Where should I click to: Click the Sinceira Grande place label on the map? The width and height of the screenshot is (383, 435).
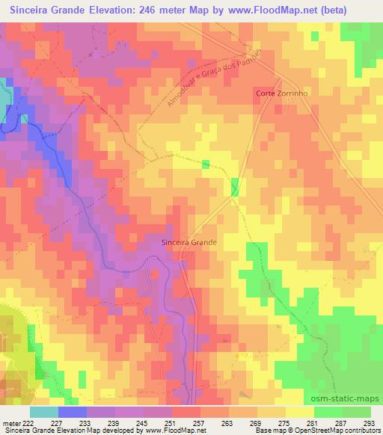coord(189,243)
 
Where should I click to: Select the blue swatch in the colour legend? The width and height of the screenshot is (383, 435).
coord(72,411)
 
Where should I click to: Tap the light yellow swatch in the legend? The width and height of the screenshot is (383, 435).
coord(299,411)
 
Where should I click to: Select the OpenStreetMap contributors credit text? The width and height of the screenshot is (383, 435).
coord(340,431)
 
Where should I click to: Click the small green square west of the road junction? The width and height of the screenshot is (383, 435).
coord(206,164)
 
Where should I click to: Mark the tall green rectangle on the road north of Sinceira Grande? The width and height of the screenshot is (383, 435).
coord(235,188)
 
